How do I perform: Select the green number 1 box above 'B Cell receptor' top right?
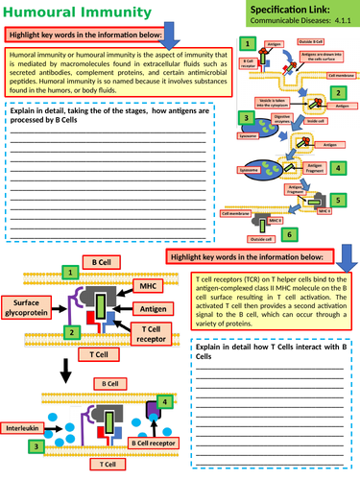(x=248, y=44)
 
